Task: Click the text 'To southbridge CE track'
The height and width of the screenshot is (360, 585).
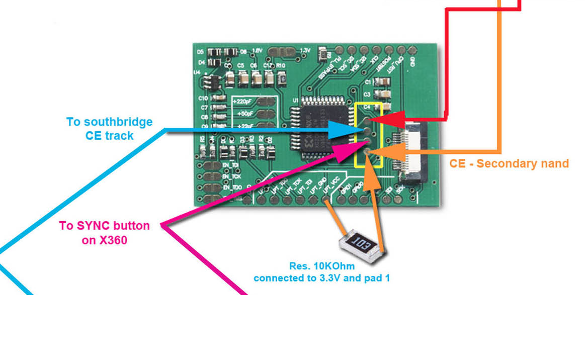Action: point(109,129)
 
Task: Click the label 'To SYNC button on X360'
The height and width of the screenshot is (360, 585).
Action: point(105,233)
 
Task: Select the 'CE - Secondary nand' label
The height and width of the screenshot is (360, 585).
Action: point(509,163)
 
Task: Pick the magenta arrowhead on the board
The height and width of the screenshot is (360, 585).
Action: point(348,151)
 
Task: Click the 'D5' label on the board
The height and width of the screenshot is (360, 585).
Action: point(200,52)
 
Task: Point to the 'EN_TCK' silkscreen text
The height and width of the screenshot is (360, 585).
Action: point(233,176)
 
